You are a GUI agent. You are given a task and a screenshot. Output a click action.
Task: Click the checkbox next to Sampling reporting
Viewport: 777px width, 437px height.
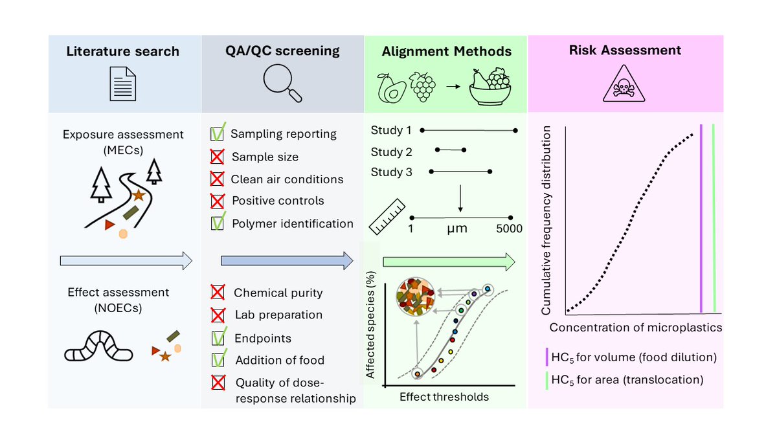pos(218,134)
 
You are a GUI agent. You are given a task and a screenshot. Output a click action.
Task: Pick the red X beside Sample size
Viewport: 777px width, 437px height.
pos(218,157)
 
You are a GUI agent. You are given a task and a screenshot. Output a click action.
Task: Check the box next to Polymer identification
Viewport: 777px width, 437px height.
pos(218,223)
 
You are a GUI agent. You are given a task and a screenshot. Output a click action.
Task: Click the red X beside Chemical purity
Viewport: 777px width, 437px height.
pos(218,293)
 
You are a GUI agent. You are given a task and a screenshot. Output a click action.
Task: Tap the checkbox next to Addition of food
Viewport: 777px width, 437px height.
pos(218,360)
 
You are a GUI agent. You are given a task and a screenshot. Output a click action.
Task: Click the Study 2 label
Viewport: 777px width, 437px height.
pos(391,152)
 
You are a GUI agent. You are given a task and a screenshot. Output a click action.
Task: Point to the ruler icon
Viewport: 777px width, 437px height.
pos(387,216)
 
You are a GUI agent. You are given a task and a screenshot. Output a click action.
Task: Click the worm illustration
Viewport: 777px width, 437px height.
pos(98,347)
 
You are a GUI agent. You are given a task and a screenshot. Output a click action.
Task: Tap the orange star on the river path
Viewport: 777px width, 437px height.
pos(138,194)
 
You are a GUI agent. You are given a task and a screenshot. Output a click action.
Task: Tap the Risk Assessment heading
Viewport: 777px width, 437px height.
pos(625,50)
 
